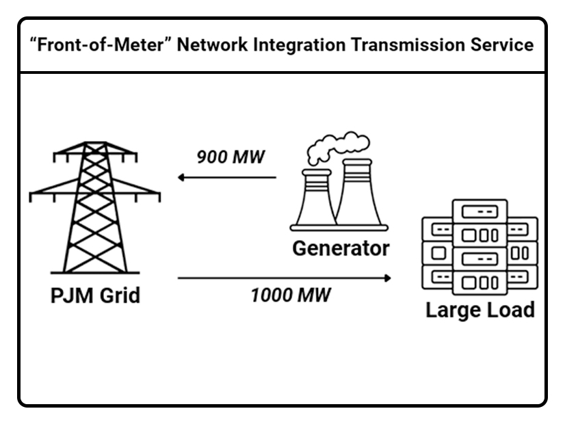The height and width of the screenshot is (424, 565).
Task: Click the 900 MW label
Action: pos(230,157)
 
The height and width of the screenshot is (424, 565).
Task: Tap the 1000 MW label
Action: pos(290,296)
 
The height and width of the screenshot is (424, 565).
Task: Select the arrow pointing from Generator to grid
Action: pos(226,178)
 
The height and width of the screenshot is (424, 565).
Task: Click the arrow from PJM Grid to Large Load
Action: pos(285,278)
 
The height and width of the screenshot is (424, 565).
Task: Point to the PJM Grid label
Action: pos(96,295)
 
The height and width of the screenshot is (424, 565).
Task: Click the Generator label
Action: pos(341,248)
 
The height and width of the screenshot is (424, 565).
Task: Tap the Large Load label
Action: pos(479,310)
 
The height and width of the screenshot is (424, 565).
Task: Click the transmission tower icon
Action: pos(95,205)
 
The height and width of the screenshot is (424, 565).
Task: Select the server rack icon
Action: pos(479,247)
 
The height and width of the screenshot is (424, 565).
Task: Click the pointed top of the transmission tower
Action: pos(95,145)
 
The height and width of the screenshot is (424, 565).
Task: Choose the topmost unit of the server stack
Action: pos(479,210)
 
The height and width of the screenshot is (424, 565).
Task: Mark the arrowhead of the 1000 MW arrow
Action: pos(388,278)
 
